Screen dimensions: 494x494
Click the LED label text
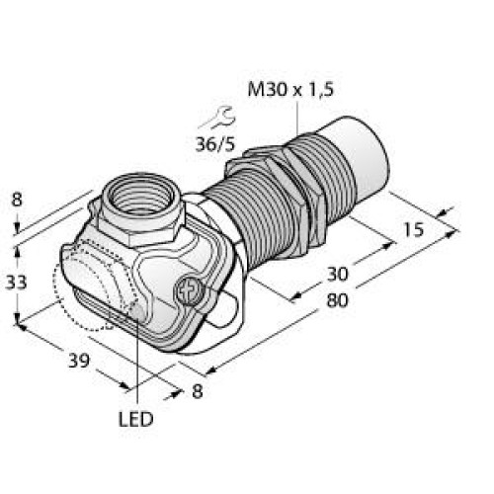tap(137, 419)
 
